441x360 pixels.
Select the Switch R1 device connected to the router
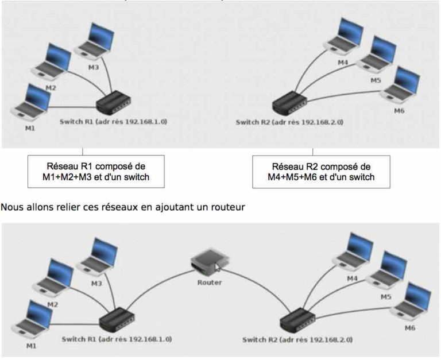(x=117, y=319)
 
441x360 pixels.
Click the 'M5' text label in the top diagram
(x=376, y=80)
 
